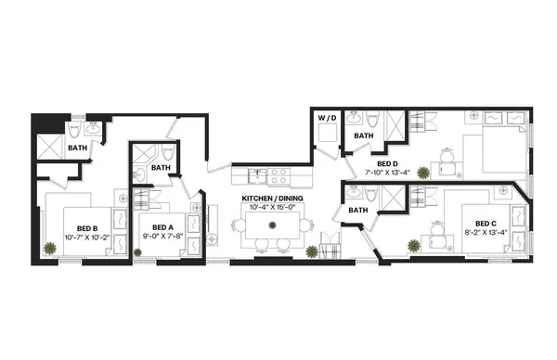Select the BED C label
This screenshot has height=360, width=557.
[486, 223]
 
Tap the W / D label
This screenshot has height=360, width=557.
[327, 118]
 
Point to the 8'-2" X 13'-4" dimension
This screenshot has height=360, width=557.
[486, 233]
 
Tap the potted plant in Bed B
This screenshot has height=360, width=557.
[49, 248]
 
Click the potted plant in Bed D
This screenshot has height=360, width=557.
[423, 173]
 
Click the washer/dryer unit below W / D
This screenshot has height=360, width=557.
[327, 135]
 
